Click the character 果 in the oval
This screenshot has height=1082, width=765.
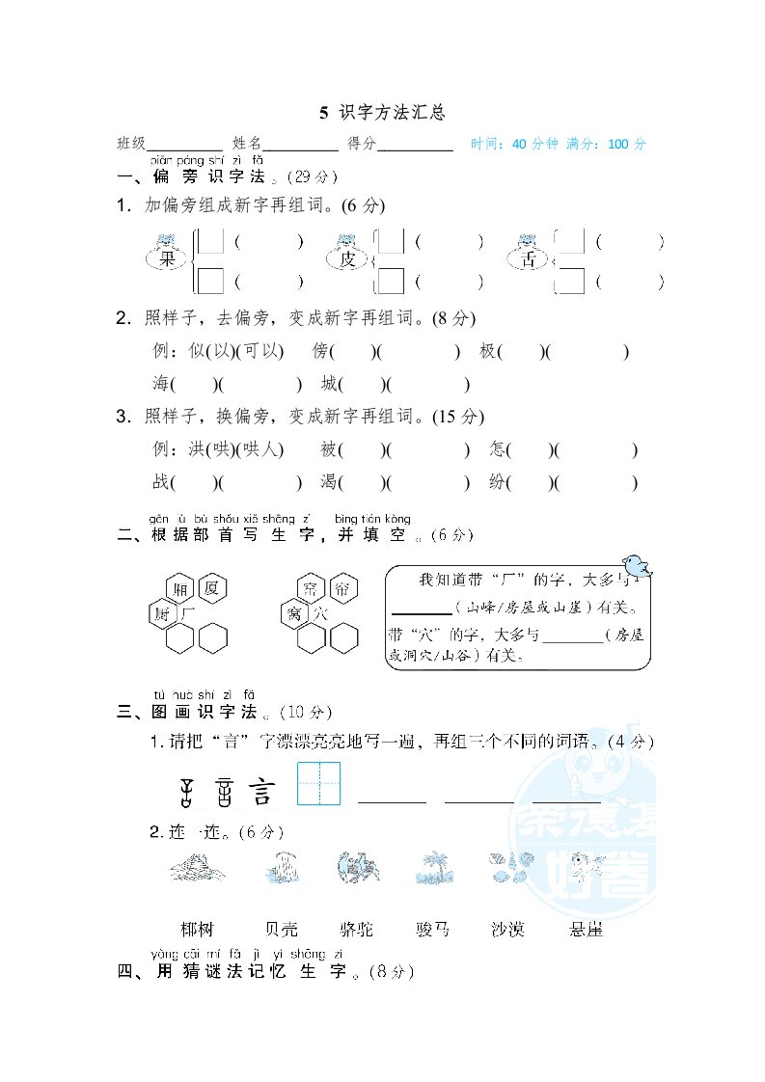168,258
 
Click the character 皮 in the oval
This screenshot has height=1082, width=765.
347,259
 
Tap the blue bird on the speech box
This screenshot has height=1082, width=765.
635,564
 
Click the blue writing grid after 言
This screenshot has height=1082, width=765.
319,783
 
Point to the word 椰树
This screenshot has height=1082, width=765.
196,930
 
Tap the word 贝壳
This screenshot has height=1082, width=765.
281,930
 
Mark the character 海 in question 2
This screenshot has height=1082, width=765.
161,384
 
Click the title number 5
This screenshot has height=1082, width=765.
324,113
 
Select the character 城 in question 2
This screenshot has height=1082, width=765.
331,384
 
